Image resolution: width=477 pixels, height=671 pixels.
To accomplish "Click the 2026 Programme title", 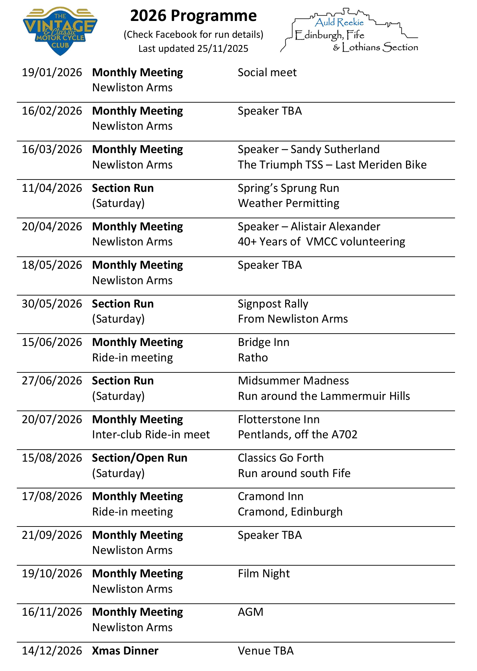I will click(193, 16).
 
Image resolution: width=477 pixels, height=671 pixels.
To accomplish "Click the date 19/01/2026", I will click(52, 73).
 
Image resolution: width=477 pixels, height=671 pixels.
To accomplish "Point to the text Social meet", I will click(267, 73).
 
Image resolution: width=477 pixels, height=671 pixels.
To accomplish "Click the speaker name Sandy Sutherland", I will click(335, 150).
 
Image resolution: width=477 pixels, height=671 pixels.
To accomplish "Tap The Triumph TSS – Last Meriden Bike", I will click(332, 165).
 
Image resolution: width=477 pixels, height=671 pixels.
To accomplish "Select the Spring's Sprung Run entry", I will click(288, 188).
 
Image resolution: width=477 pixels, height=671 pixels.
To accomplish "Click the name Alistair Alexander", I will click(335, 227).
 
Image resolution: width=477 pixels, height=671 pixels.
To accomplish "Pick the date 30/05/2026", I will click(52, 304).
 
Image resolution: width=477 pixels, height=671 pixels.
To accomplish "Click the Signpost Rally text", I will click(273, 304).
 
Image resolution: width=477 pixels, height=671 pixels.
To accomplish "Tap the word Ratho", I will click(253, 358).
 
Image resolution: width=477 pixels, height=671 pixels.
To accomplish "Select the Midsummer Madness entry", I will click(293, 381).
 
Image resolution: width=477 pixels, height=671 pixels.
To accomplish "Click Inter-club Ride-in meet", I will click(151, 435).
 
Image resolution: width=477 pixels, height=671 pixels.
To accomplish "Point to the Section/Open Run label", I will click(140, 458).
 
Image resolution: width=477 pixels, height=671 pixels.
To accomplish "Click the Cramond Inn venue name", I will click(270, 497).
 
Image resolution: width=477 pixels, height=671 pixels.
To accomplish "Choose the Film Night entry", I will click(264, 574).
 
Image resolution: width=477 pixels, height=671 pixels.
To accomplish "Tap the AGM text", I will click(251, 612).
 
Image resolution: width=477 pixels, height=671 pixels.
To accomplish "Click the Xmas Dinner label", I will click(125, 651).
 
